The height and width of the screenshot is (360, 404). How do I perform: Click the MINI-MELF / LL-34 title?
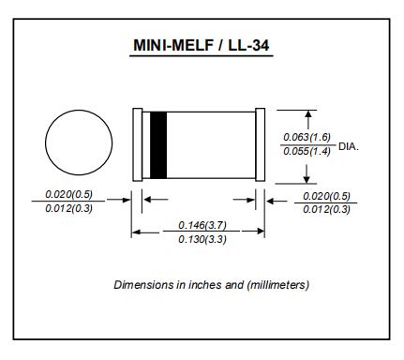point(202,45)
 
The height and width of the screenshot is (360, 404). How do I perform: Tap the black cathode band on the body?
point(158,145)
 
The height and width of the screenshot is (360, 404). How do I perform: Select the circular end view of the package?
point(79,110)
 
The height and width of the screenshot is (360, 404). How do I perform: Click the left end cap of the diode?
point(138,144)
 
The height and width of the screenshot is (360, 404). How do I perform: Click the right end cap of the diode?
point(261,144)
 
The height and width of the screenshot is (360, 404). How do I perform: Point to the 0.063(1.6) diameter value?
point(307,137)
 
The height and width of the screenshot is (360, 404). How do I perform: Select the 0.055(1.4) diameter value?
point(307,152)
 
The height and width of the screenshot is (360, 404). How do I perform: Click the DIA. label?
point(349,146)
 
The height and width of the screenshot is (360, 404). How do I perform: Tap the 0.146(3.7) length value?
point(202,225)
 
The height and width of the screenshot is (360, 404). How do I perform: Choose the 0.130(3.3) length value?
point(202,239)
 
